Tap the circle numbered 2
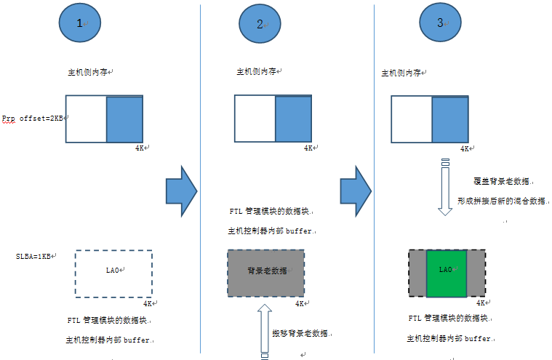click(x=260, y=23)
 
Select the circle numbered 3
click(x=441, y=23)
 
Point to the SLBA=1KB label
click(x=35, y=257)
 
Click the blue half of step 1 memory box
click(x=125, y=119)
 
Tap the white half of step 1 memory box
click(x=86, y=119)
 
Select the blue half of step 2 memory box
click(x=294, y=119)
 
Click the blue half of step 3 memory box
click(x=450, y=119)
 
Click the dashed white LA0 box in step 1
click(x=113, y=273)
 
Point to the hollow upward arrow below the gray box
click(x=264, y=331)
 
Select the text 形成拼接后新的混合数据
click(x=502, y=200)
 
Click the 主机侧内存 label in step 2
click(x=257, y=72)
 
